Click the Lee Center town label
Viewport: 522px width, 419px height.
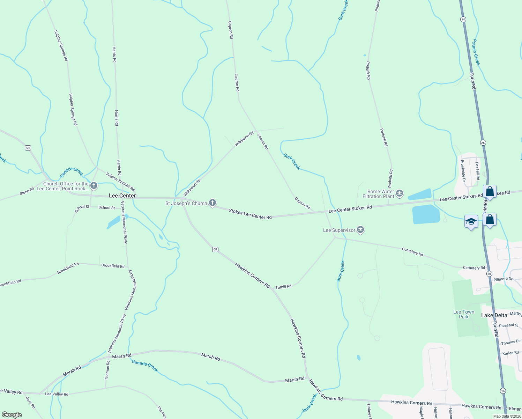(x=122, y=196)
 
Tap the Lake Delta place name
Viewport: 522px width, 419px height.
(x=494, y=315)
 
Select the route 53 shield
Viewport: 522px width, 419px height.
(x=28, y=148)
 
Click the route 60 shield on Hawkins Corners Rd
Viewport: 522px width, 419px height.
(x=215, y=249)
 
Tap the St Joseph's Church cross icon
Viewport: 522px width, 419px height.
(x=212, y=203)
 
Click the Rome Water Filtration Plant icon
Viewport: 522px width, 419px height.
(x=400, y=193)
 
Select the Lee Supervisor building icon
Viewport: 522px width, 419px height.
(x=361, y=230)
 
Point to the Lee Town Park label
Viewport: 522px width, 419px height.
(x=464, y=314)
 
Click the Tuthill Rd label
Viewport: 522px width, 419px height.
(x=283, y=287)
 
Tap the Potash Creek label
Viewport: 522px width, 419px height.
(x=476, y=52)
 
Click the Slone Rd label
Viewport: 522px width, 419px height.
(x=27, y=191)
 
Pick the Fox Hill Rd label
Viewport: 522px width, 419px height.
(x=477, y=171)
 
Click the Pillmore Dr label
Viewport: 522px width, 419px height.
(x=503, y=279)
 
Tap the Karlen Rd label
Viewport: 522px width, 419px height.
(x=510, y=353)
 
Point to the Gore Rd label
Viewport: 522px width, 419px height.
(x=31, y=402)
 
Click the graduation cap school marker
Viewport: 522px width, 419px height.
(x=471, y=222)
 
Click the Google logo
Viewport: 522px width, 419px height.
(x=12, y=415)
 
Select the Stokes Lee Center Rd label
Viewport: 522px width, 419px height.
(x=250, y=214)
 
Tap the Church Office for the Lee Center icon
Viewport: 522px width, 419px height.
(x=94, y=185)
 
